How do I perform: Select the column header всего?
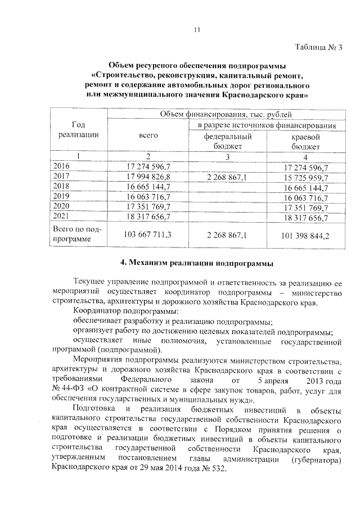tap(148, 136)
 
